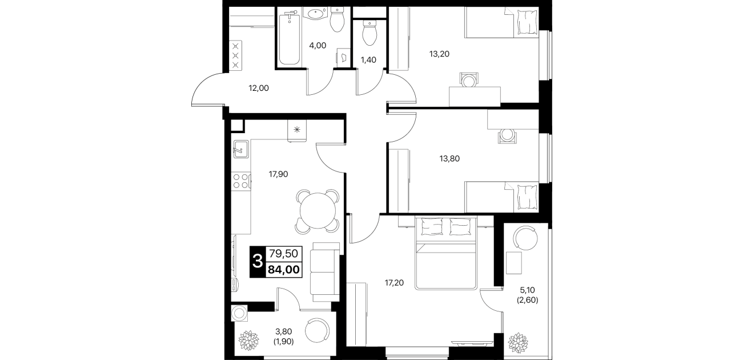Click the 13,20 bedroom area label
coord(439,54)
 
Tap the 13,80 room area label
coord(449,159)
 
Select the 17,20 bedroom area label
coord(394,283)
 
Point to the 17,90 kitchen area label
coord(278,174)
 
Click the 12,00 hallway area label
coord(259,88)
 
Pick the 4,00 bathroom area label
coord(318,46)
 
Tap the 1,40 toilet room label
coord(368,60)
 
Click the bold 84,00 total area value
coord(284,270)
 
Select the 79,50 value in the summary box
coord(284,254)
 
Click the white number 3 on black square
coord(258,262)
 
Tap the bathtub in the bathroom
coord(290,38)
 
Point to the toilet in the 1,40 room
coord(369,33)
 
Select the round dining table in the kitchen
coord(318,211)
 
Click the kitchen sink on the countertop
coord(241,149)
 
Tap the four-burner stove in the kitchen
coord(241,181)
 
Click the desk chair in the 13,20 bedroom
coord(469,80)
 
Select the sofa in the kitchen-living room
coord(325,272)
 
